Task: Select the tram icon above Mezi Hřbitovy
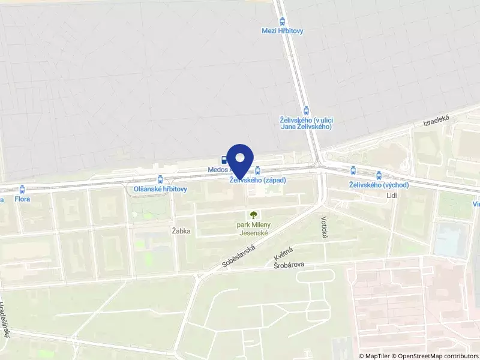tap(283, 20)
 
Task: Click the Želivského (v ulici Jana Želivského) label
tap(307, 122)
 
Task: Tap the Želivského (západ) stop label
tap(257, 180)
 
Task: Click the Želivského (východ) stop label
tap(379, 185)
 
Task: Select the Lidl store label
tap(392, 196)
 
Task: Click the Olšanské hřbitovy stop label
tap(160, 189)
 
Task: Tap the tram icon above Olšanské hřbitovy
tap(160, 179)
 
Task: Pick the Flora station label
tap(22, 199)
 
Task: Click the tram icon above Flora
tap(22, 189)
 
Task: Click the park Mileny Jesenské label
tap(253, 229)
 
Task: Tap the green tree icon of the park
tap(253, 214)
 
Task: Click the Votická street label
tap(325, 227)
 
